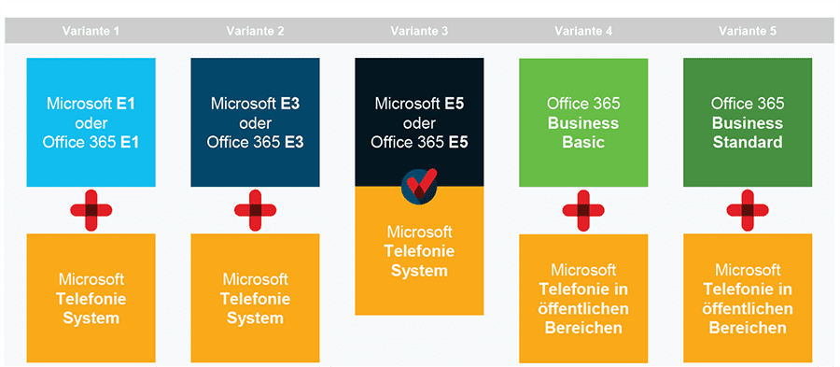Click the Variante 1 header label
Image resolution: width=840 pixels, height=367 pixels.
91,31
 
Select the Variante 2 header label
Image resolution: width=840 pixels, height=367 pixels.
255,31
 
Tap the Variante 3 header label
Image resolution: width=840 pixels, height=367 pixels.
419,31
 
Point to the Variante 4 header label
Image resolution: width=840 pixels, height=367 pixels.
583,31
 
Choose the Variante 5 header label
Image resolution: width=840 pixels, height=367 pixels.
748,31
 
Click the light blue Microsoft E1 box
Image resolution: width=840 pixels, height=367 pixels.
91,121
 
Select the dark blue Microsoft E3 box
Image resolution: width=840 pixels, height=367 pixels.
255,121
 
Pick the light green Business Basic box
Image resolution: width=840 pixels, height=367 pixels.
583,121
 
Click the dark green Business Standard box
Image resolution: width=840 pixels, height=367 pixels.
748,121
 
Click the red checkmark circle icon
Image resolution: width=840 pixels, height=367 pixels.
419,186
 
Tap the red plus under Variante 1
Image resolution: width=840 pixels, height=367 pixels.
91,210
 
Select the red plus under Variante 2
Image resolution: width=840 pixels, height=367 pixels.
255,210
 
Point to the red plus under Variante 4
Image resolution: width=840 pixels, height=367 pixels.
583,210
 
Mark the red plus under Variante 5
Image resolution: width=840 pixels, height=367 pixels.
748,210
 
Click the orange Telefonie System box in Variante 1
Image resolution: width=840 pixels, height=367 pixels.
91,298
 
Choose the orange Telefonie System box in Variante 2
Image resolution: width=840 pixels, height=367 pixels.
255,298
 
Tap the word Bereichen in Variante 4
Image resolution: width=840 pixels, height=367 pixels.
583,328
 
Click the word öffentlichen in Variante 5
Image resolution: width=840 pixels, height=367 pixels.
748,308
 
